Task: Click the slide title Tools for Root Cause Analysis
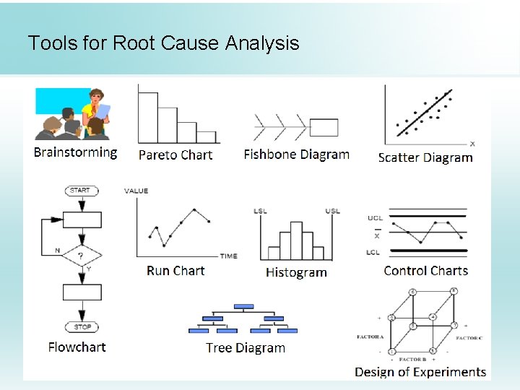(x=163, y=43)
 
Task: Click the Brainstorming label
(x=75, y=152)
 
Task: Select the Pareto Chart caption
(x=175, y=155)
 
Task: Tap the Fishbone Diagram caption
(x=296, y=154)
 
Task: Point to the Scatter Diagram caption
(x=425, y=157)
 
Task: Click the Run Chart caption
(x=175, y=271)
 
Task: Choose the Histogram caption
(x=296, y=272)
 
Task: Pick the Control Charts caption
(x=425, y=271)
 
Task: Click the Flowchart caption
(x=77, y=347)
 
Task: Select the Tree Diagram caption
(x=246, y=347)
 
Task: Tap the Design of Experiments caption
(x=420, y=372)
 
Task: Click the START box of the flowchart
(x=81, y=191)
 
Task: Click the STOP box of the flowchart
(x=82, y=327)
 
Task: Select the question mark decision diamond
(x=81, y=256)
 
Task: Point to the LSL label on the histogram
(x=260, y=211)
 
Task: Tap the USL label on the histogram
(x=332, y=211)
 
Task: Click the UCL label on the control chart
(x=376, y=217)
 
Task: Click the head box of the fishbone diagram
(x=323, y=128)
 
